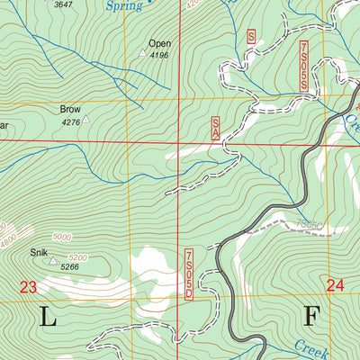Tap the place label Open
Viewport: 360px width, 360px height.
(x=159, y=42)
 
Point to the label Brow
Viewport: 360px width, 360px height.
(x=70, y=109)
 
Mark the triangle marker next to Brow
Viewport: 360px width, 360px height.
(x=86, y=118)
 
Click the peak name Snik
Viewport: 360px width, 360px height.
(x=38, y=253)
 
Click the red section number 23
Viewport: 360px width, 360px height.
(x=28, y=287)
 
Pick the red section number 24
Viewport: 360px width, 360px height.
(x=337, y=285)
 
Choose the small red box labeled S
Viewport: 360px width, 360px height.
(x=252, y=37)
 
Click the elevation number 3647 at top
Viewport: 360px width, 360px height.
(x=64, y=4)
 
